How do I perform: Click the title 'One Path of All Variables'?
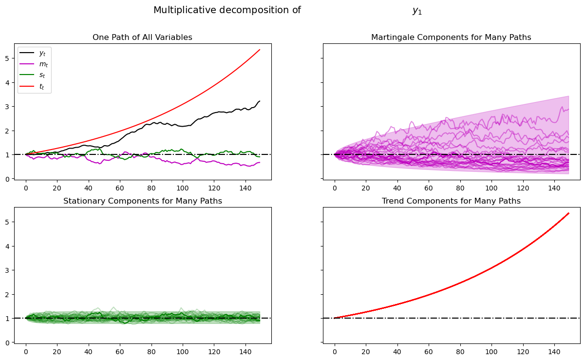click(x=142, y=38)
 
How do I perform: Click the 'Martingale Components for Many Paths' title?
click(x=451, y=38)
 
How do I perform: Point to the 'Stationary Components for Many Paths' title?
click(x=142, y=201)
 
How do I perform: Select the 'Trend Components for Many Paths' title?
click(x=451, y=201)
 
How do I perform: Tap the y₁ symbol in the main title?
click(x=417, y=11)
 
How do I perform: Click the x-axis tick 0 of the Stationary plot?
click(x=26, y=351)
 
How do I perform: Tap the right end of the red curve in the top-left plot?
click(x=260, y=50)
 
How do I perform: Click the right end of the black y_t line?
click(x=260, y=101)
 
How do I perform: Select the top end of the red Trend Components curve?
click(x=568, y=213)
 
